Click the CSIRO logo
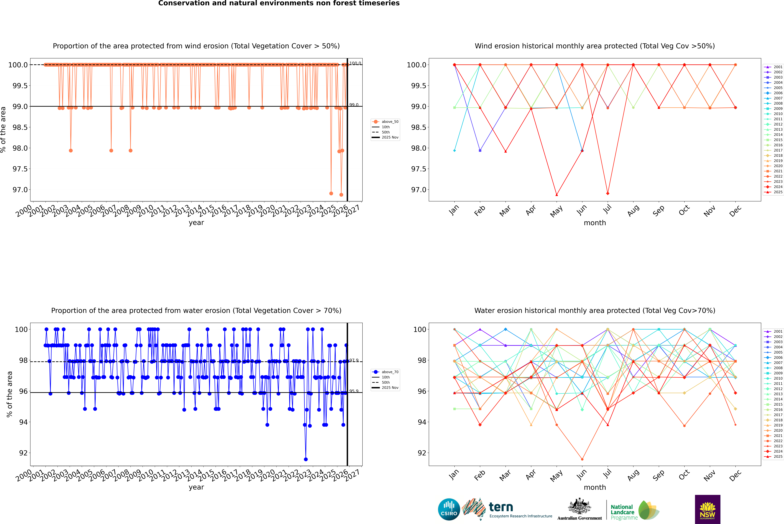coord(449,509)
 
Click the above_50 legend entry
coord(390,122)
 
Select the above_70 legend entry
coord(390,372)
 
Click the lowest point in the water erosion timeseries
coord(306,459)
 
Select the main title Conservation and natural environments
coord(279,3)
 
